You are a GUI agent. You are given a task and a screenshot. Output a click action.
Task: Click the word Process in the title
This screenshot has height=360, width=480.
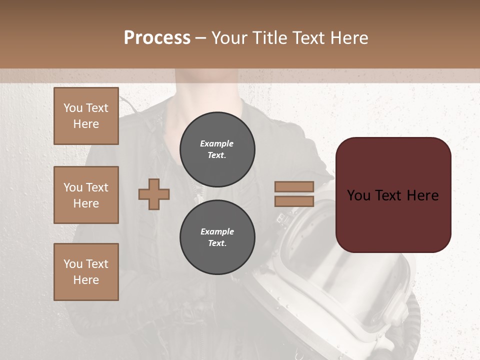(x=157, y=38)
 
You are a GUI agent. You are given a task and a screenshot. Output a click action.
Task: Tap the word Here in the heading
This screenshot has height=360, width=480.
(x=348, y=38)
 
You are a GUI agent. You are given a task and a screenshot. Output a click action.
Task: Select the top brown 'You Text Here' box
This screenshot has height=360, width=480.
(x=86, y=116)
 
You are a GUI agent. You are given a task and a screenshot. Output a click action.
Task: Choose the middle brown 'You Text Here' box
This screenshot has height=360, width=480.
(x=86, y=195)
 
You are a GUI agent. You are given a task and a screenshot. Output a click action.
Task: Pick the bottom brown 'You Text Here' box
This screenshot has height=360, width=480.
(x=86, y=272)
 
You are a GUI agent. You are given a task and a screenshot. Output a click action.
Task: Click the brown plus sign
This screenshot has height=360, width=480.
(x=154, y=194)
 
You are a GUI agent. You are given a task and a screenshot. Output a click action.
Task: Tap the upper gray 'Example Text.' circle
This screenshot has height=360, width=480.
(x=217, y=149)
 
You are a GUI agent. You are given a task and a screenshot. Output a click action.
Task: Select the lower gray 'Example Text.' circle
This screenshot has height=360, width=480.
(x=217, y=237)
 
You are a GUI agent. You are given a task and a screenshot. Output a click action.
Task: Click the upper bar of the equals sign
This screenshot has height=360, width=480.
(x=294, y=187)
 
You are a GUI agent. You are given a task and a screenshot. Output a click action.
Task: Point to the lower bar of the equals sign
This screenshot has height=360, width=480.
(x=294, y=201)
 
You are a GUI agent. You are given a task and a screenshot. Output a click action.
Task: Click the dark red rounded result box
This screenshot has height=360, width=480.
(x=393, y=220)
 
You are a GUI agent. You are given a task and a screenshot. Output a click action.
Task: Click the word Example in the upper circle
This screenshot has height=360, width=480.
(x=217, y=144)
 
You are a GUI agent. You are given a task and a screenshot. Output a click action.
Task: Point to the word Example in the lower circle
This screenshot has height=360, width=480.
(x=217, y=232)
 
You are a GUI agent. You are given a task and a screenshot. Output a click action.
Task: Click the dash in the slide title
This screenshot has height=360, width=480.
(x=201, y=38)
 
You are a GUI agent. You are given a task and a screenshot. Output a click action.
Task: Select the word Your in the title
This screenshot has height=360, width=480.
(x=228, y=38)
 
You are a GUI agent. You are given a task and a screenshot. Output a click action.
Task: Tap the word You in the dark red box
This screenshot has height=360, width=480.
(x=359, y=195)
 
